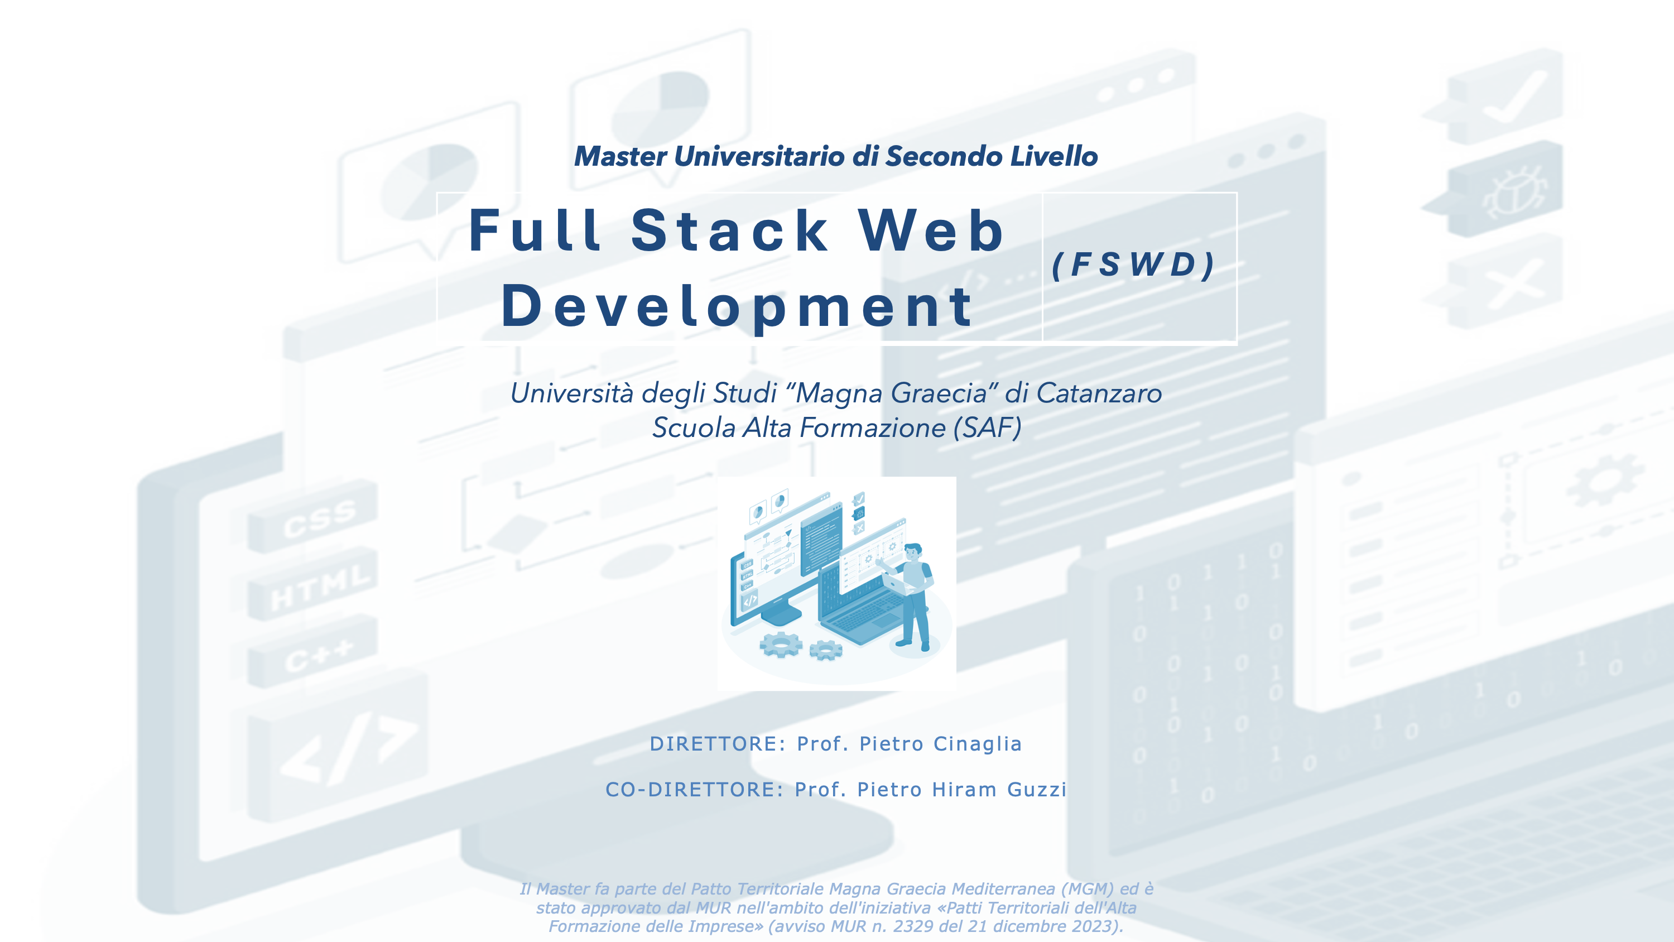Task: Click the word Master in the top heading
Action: (x=620, y=157)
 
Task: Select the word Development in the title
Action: (x=738, y=307)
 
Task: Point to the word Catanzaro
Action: (x=1099, y=393)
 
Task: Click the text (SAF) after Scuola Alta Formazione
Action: (x=987, y=428)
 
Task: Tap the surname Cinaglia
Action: (x=978, y=744)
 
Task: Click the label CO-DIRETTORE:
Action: (x=694, y=789)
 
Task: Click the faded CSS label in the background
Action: (x=319, y=518)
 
